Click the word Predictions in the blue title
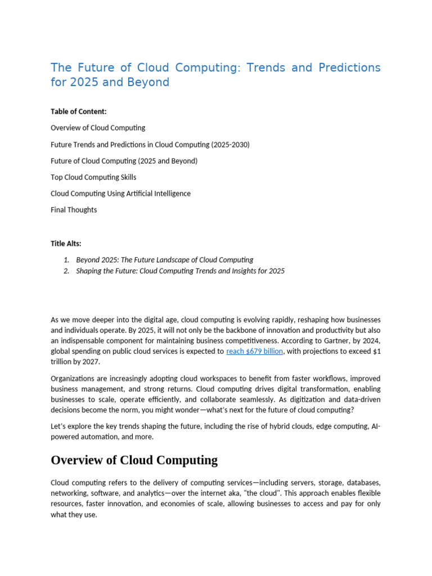click(x=349, y=67)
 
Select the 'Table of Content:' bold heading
click(x=79, y=111)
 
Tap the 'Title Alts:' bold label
click(x=66, y=244)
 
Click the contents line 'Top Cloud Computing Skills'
click(x=93, y=177)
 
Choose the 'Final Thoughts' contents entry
click(x=74, y=210)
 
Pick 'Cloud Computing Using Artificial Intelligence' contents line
click(x=120, y=193)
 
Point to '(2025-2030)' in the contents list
click(x=230, y=145)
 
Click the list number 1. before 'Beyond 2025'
click(x=66, y=260)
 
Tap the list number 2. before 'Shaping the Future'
click(x=66, y=271)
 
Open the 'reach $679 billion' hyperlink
click(x=254, y=352)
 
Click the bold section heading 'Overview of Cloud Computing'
click(x=134, y=460)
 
